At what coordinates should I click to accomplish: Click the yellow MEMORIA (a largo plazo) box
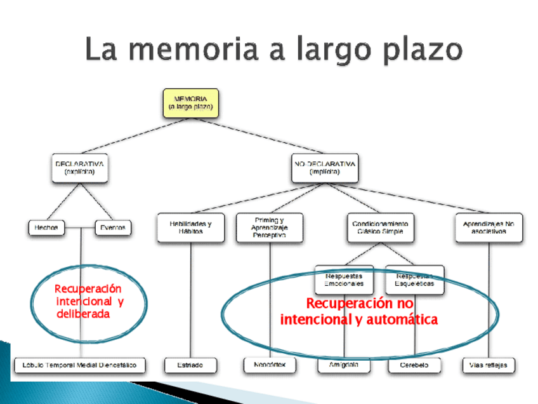(190, 104)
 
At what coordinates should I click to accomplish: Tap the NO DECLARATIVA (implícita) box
(324, 168)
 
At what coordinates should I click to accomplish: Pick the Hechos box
(47, 227)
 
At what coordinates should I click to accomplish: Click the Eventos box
(112, 227)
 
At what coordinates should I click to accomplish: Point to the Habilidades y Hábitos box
(190, 228)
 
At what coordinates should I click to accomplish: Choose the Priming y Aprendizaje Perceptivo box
(269, 228)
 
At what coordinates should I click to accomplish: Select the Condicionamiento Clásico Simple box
(379, 228)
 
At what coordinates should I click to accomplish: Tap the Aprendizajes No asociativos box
(489, 228)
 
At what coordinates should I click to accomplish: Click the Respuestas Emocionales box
(344, 279)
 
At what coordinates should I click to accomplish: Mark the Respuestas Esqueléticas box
(415, 279)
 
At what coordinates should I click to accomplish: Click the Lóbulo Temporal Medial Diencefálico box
(80, 365)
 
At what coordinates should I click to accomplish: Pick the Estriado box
(190, 365)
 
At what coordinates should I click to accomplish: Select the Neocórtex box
(270, 365)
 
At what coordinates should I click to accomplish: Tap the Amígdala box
(344, 365)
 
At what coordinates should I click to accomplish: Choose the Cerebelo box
(414, 365)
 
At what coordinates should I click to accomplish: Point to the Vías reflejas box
(489, 365)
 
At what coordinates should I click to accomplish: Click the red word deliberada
(83, 314)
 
